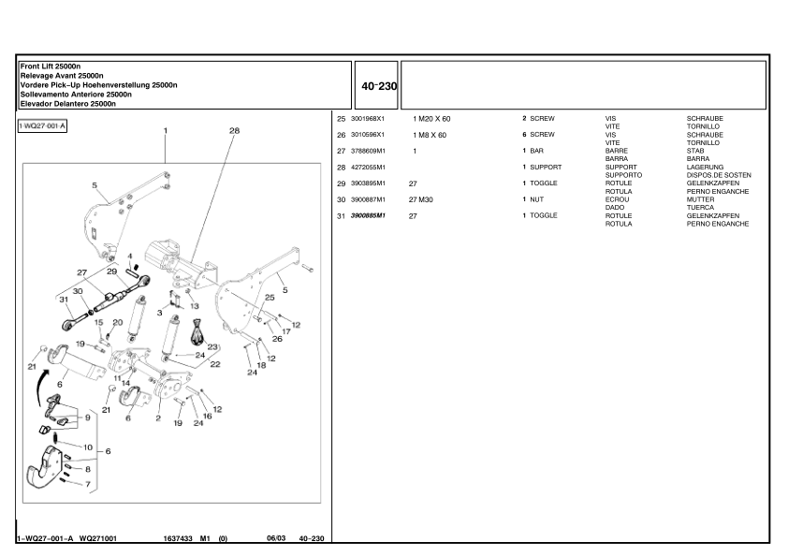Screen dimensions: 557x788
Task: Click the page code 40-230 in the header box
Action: pos(378,86)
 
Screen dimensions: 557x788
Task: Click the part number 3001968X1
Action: pos(367,119)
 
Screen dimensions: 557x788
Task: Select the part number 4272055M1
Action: pos(367,168)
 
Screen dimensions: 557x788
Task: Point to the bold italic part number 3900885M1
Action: pos(368,215)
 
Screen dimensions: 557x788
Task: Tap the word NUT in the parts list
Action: pos(537,199)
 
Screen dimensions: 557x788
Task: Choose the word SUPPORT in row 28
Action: pos(545,168)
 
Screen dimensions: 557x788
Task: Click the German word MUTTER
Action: pos(700,199)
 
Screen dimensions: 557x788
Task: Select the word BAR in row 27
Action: pos(536,151)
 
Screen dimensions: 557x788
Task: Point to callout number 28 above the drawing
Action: pos(234,131)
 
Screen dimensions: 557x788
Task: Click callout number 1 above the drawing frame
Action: pos(166,131)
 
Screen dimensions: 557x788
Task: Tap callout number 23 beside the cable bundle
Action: pos(212,346)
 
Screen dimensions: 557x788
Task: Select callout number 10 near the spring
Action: pos(88,447)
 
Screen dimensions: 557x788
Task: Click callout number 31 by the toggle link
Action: pos(64,300)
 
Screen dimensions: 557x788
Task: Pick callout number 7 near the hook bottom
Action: pos(88,484)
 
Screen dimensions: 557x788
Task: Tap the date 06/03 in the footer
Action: pos(276,538)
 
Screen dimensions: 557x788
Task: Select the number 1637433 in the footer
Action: pos(178,538)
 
